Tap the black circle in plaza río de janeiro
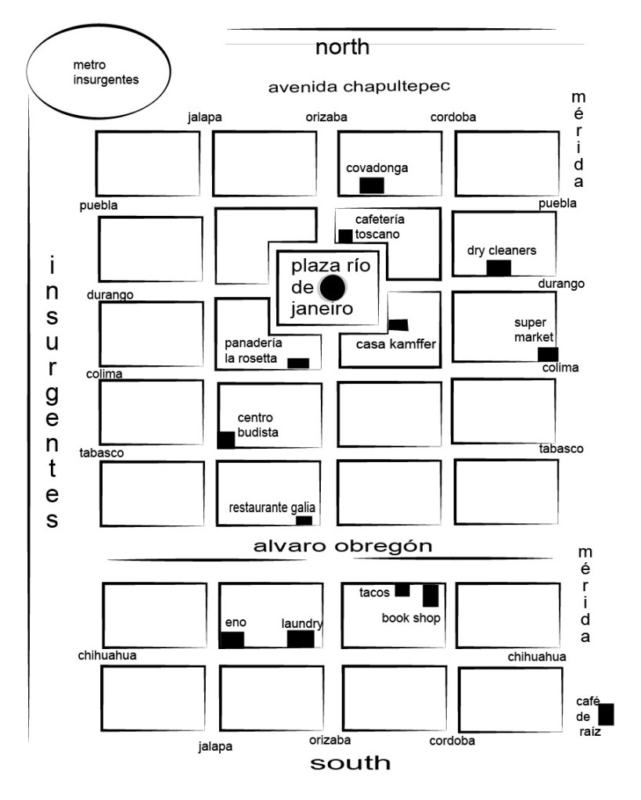click(333, 288)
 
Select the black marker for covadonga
click(371, 185)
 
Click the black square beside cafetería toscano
click(345, 235)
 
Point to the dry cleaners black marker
click(499, 267)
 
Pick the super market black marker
click(548, 354)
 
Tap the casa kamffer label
click(395, 344)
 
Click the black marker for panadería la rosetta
click(298, 363)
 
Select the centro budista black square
click(226, 439)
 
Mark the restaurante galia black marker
click(304, 521)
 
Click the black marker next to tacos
click(402, 590)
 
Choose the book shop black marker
click(430, 596)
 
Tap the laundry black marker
click(301, 639)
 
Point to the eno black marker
click(232, 640)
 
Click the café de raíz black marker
click(606, 715)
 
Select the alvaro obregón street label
click(342, 547)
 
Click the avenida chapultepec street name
click(358, 86)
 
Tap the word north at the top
click(342, 48)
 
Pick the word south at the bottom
click(350, 762)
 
